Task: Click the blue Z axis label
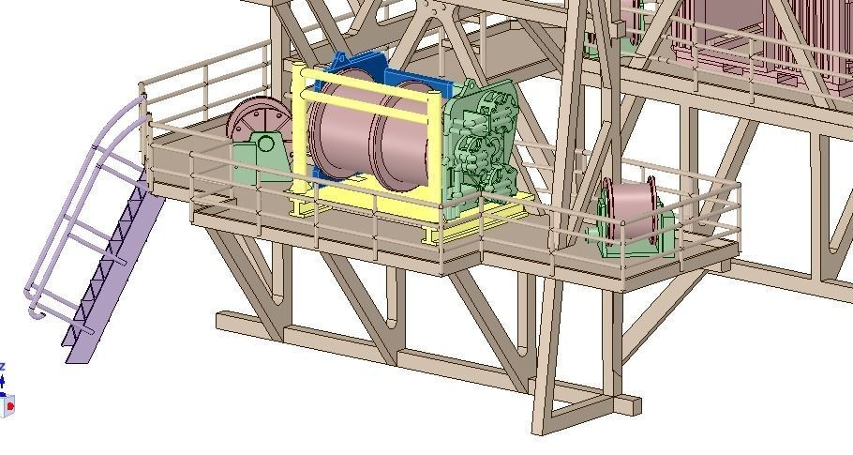point(3,366)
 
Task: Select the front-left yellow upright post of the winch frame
point(301,141)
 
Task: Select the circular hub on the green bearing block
point(267,144)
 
